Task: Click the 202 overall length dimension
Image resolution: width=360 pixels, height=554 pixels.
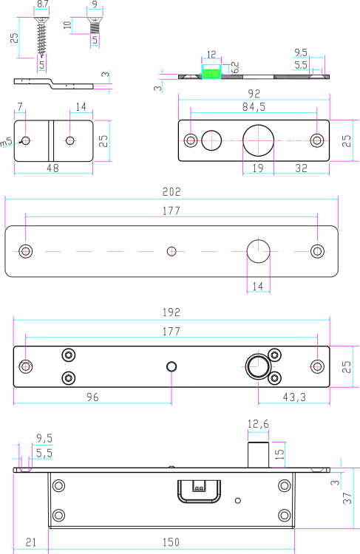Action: tap(171, 192)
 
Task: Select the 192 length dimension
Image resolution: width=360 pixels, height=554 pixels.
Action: tap(171, 312)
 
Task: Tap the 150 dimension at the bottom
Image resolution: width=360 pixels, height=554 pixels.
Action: tap(171, 542)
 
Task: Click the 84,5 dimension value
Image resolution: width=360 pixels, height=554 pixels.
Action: tap(254, 107)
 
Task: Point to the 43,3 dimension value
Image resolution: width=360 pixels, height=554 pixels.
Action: tap(294, 397)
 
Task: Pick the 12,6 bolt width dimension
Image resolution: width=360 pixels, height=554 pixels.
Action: tap(258, 424)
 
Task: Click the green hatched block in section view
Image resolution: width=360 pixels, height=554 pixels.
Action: tap(211, 74)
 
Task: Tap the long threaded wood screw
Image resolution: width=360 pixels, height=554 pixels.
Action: tap(41, 36)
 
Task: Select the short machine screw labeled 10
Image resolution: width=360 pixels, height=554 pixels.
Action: tap(95, 25)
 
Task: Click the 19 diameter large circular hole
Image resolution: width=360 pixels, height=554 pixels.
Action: tap(258, 140)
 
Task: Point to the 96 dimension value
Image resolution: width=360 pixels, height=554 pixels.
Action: tap(92, 397)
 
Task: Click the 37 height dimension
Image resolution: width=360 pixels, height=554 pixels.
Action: tap(347, 498)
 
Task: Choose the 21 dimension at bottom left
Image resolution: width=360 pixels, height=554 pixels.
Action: tap(31, 542)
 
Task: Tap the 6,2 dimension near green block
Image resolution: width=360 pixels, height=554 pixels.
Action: tap(235, 67)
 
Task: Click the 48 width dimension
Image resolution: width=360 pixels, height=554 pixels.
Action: tap(52, 168)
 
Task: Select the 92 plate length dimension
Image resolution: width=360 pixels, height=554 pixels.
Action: tap(254, 94)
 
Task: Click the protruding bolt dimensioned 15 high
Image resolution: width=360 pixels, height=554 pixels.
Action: tap(258, 455)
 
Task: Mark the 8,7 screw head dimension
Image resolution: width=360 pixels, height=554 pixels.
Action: tap(42, 4)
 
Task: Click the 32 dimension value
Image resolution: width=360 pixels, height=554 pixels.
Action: tap(302, 168)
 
